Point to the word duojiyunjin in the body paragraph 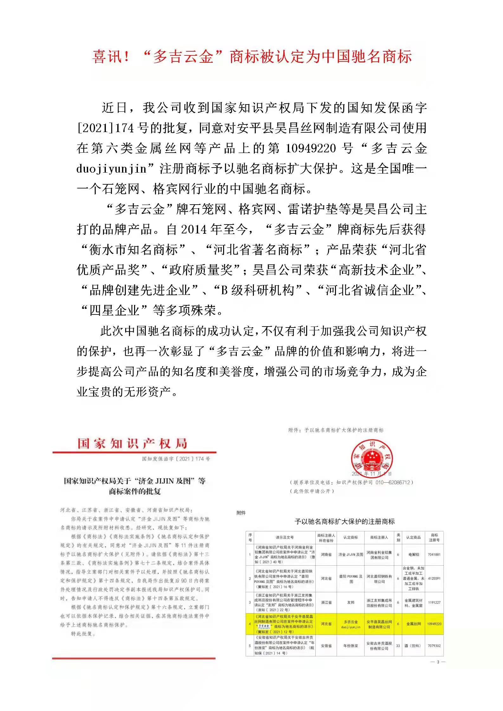(111, 169)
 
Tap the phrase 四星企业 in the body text (114, 310)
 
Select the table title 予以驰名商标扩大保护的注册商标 (345, 521)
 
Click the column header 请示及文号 (284, 537)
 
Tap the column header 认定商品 (413, 537)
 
